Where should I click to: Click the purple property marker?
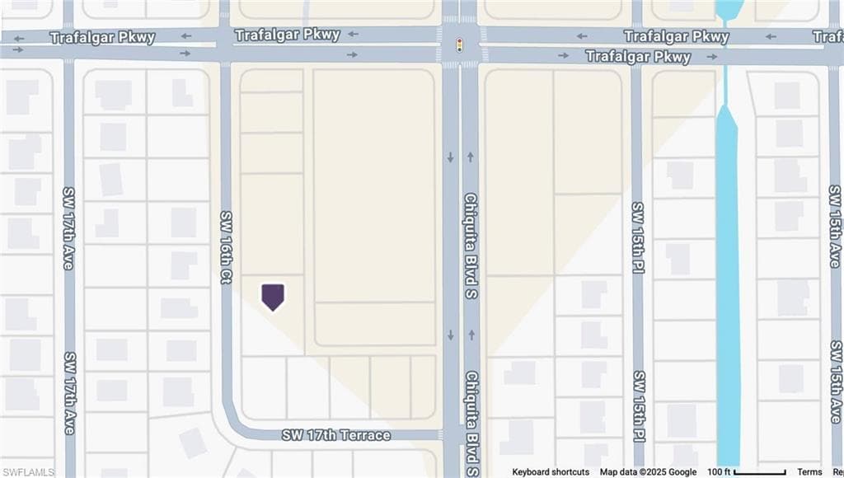tap(273, 296)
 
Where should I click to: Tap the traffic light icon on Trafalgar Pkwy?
tap(459, 44)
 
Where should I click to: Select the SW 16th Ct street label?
tap(226, 247)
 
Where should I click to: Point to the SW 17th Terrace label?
tap(335, 434)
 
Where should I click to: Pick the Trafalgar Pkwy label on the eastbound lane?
tap(638, 57)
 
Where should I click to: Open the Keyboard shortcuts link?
tap(551, 472)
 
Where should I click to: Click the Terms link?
tap(809, 472)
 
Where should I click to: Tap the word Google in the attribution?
tap(682, 472)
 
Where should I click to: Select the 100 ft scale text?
tap(719, 472)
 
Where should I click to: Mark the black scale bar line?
tap(759, 473)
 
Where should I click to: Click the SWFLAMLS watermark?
tap(27, 472)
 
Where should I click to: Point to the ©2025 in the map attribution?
tap(653, 472)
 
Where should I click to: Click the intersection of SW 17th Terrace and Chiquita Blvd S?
tap(460, 433)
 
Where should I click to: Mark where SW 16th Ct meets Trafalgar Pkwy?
tap(225, 45)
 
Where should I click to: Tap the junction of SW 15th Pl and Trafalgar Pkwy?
tap(637, 46)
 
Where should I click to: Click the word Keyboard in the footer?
tap(532, 472)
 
